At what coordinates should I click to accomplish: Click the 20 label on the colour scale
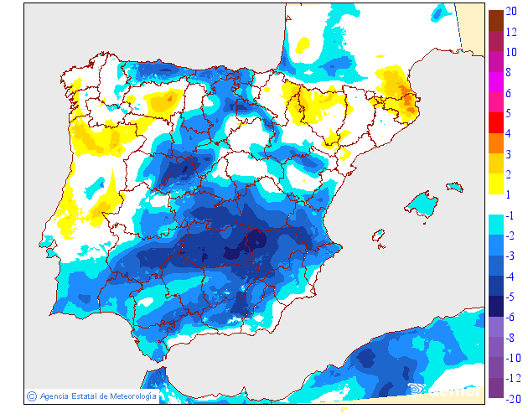[511, 12]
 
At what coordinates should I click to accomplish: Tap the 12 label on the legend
[511, 32]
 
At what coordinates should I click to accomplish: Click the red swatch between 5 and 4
[495, 123]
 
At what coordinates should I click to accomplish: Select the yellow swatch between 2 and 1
[495, 184]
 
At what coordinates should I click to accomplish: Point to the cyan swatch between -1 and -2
[495, 225]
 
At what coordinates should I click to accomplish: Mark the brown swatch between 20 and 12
[495, 21]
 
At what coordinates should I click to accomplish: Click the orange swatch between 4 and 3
[495, 143]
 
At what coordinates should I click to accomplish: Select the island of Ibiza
[379, 236]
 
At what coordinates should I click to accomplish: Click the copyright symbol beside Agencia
[31, 396]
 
